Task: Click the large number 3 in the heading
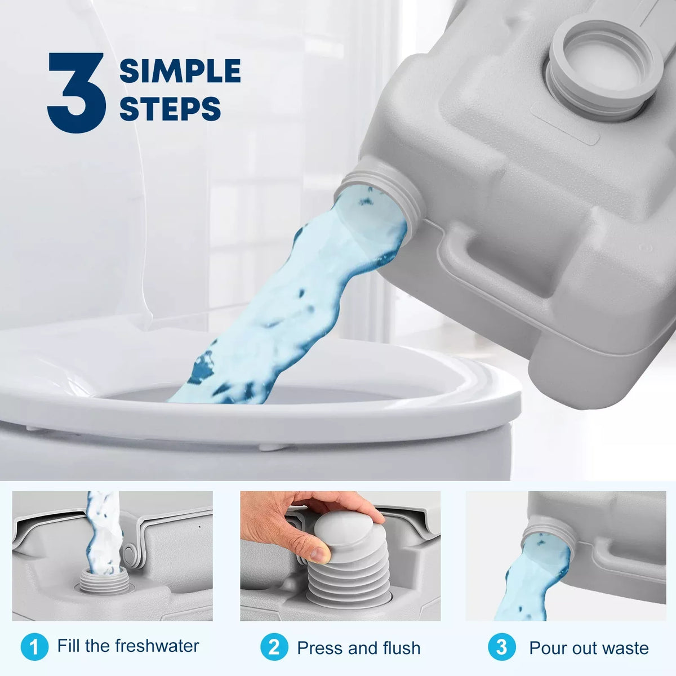click(76, 93)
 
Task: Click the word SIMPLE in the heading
click(180, 72)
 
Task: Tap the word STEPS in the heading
click(170, 109)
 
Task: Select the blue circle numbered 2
click(274, 647)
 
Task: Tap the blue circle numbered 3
click(501, 647)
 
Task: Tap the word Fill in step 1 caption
click(69, 646)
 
